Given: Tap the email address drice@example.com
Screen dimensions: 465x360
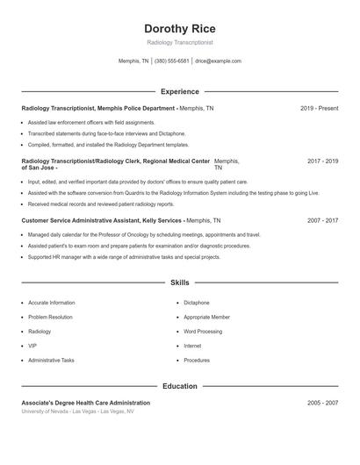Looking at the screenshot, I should click(218, 61).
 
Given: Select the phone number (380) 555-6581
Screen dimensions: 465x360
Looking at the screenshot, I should click(171, 61).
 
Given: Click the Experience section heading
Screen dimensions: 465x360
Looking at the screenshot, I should click(179, 91).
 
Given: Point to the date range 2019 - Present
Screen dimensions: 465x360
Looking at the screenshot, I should click(319, 108).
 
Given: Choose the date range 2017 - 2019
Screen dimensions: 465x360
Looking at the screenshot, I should click(322, 161).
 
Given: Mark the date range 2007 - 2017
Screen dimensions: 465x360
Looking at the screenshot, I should click(322, 221).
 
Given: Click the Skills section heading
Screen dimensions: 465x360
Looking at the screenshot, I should click(179, 283).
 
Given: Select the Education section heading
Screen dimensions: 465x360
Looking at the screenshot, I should click(179, 386).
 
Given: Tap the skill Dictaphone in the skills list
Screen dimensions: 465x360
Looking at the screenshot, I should click(197, 303).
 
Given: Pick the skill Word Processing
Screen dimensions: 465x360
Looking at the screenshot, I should click(203, 332).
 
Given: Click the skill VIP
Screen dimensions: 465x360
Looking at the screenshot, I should click(32, 346).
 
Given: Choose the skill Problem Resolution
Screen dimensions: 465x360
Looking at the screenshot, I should click(50, 317).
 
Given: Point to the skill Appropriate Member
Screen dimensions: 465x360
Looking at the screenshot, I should click(206, 317).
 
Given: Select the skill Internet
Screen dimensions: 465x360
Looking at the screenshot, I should click(192, 346).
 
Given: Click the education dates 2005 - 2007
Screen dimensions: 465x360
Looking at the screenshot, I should click(322, 403).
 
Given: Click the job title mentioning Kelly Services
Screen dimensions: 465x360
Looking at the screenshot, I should click(102, 221).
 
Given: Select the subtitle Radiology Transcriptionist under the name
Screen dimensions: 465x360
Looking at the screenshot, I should click(179, 42).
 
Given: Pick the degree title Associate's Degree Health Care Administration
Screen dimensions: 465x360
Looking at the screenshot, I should click(85, 403).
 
